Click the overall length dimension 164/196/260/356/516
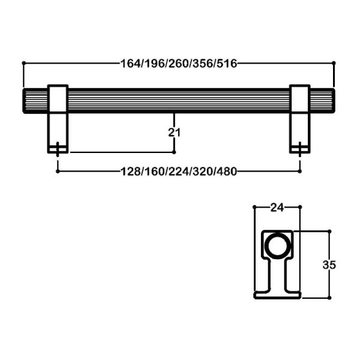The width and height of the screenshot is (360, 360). pos(178,63)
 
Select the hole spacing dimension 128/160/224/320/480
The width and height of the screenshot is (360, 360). pos(178,171)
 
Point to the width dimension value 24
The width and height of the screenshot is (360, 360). pos(277,208)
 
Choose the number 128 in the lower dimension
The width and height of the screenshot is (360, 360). pos(130,171)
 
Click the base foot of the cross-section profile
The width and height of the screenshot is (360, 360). pos(277,294)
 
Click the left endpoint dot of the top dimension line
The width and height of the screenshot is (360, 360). pos(23,62)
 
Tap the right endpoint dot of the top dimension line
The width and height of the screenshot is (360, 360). pos(333,62)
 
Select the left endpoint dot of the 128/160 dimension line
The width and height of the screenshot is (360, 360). pos(57,171)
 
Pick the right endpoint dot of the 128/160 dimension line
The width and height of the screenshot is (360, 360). pos(300,171)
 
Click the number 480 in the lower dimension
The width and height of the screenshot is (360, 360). pos(226,171)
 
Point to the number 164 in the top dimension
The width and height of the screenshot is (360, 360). pos(130,63)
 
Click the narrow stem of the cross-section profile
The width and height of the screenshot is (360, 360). pos(277,274)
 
